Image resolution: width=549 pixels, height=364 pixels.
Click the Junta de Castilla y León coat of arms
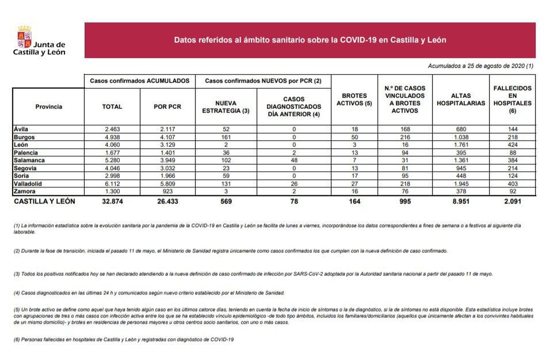(24, 36)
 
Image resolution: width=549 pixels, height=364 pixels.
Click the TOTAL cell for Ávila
(112, 129)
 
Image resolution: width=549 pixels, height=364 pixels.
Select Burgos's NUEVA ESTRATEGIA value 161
(226, 137)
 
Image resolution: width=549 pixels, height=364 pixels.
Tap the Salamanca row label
(29, 160)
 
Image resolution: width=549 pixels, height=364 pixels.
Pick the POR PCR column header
(167, 107)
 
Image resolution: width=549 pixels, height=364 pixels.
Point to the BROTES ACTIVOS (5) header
(354, 99)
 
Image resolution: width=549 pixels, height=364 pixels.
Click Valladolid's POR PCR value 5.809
(167, 184)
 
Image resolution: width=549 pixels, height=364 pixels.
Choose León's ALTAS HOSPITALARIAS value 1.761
(461, 145)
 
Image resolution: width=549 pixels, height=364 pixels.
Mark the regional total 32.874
(112, 201)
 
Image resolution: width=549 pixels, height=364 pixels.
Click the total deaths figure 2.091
(512, 201)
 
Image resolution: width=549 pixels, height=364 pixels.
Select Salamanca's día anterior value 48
(294, 160)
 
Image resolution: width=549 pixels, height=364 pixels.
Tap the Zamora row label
(24, 191)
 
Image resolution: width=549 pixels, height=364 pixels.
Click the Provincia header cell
(49, 107)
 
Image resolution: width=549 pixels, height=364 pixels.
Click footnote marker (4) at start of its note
(17, 293)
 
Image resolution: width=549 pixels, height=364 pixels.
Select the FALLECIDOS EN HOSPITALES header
(512, 99)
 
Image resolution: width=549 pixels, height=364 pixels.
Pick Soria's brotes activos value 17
(354, 176)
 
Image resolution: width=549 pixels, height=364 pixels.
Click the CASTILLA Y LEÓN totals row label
(44, 201)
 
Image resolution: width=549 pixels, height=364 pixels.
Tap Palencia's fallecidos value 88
(512, 153)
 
